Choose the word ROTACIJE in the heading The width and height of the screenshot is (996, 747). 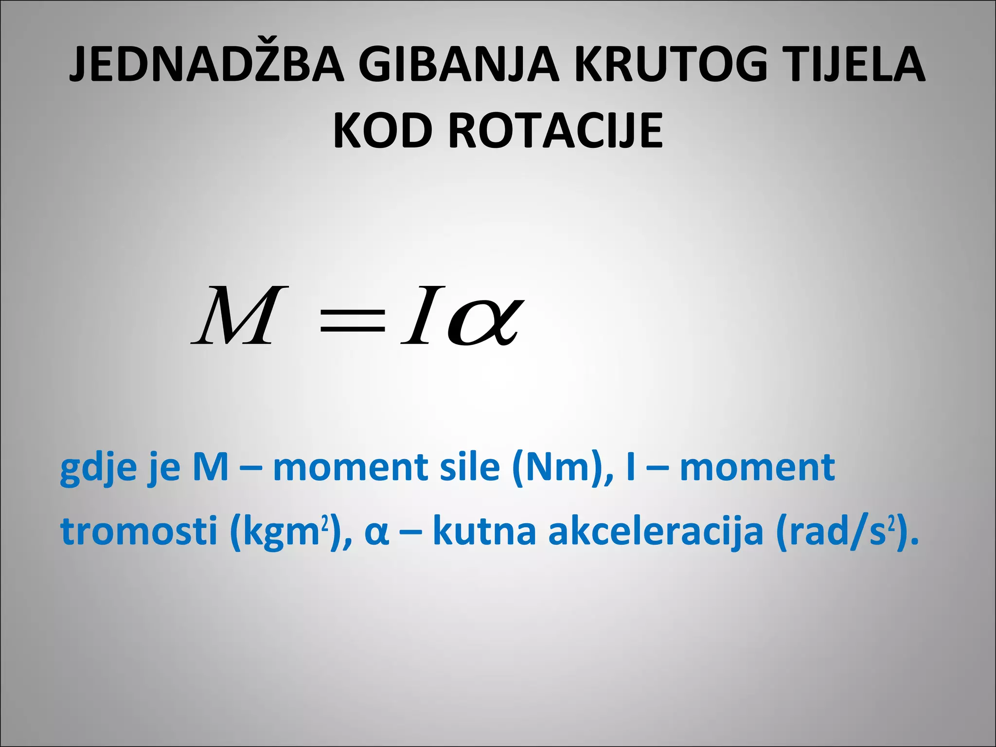click(555, 130)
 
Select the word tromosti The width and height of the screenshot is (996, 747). click(139, 531)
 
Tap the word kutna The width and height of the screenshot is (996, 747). click(484, 531)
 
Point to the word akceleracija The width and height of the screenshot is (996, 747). click(656, 532)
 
